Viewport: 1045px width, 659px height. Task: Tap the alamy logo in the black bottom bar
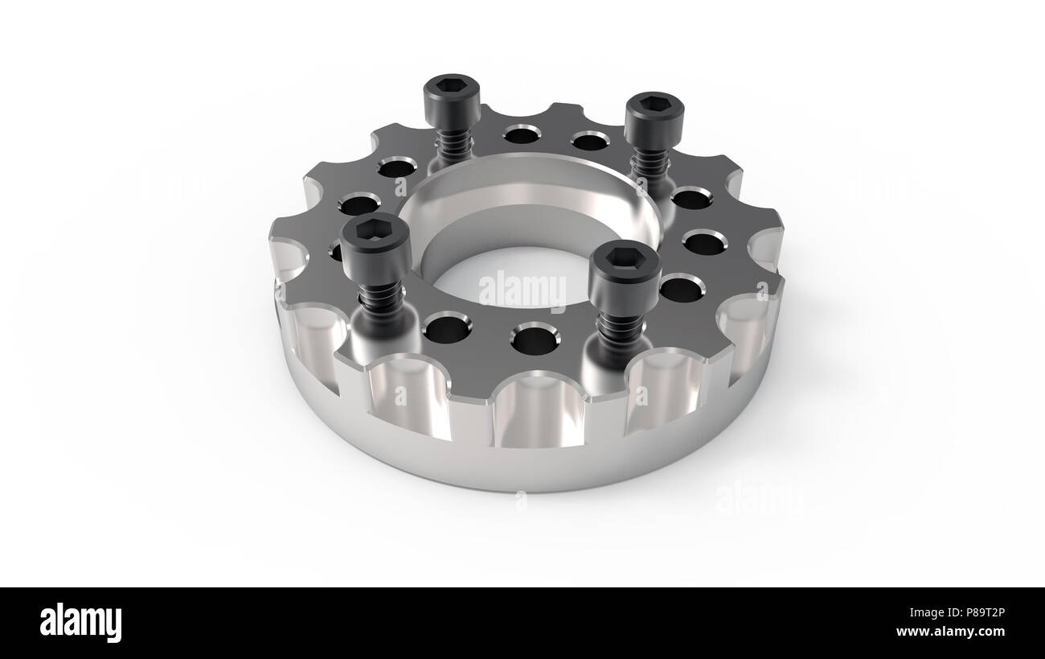click(80, 623)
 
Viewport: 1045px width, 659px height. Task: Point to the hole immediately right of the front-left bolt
click(447, 328)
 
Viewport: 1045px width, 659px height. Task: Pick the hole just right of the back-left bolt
click(522, 134)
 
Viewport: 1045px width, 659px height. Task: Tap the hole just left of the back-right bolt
click(590, 142)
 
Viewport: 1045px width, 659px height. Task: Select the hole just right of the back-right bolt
click(692, 197)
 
